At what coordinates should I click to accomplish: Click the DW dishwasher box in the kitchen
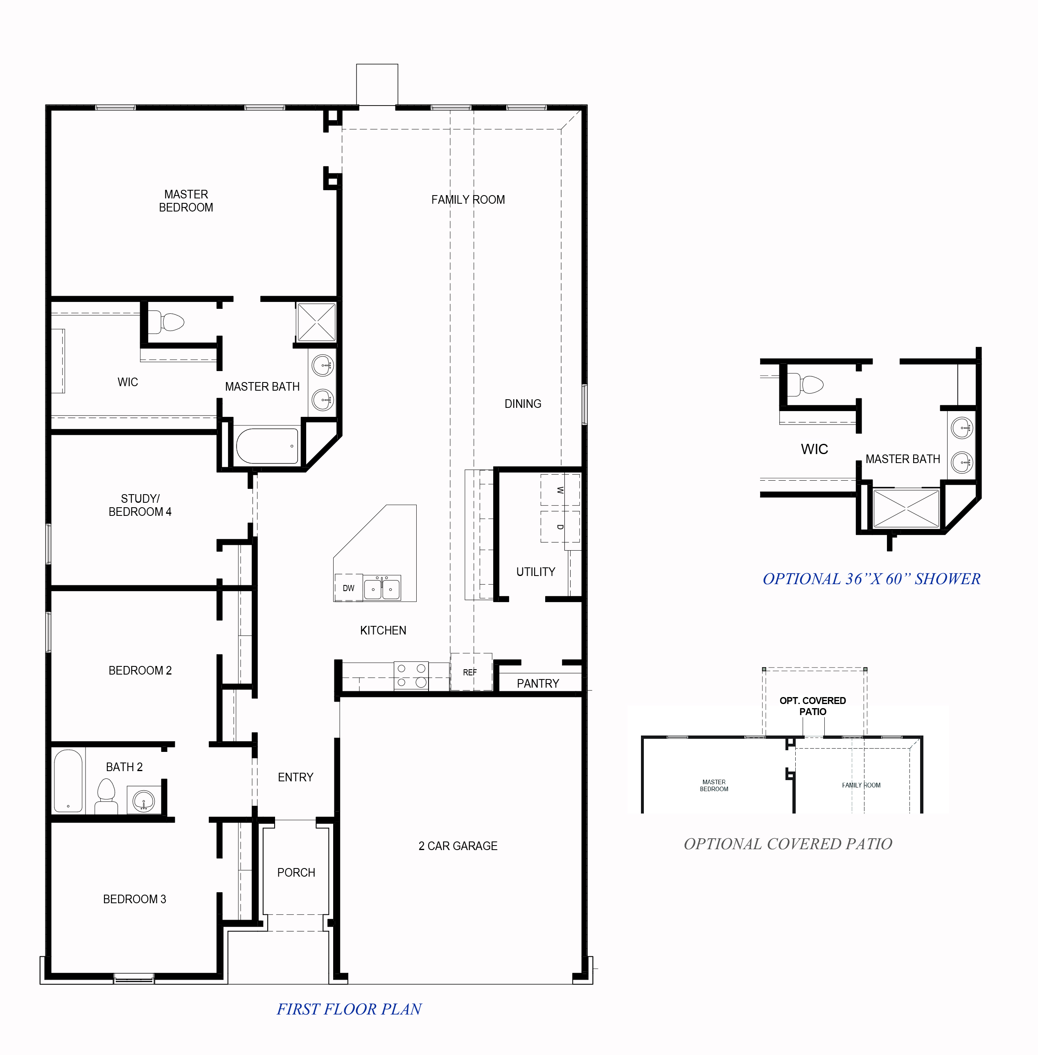[348, 588]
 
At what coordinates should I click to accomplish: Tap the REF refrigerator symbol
[470, 672]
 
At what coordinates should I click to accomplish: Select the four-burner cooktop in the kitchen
[411, 675]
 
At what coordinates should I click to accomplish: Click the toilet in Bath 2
[106, 796]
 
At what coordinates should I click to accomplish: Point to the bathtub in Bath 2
[68, 781]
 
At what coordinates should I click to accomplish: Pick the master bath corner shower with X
[316, 322]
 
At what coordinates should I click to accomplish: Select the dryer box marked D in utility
[560, 526]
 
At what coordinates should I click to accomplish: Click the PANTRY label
[537, 683]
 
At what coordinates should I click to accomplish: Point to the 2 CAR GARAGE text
[458, 846]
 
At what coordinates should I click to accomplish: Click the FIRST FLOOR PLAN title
[349, 1009]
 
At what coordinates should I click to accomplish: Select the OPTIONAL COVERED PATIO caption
[788, 844]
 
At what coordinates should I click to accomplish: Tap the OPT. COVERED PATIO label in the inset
[812, 706]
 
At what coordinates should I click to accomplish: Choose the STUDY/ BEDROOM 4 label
[140, 505]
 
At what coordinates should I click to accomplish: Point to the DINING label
[522, 404]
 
